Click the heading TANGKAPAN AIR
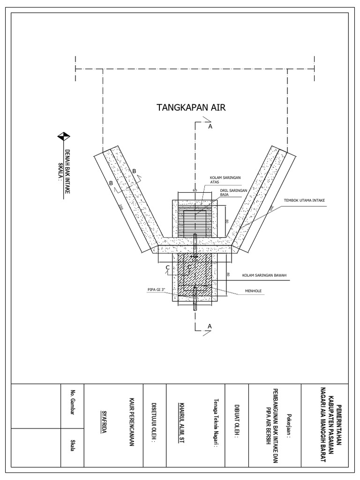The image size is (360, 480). (x=191, y=108)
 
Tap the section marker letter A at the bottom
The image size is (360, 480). (x=210, y=325)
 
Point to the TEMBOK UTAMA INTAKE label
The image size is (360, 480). (x=304, y=200)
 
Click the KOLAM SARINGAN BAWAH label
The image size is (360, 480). (x=264, y=275)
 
